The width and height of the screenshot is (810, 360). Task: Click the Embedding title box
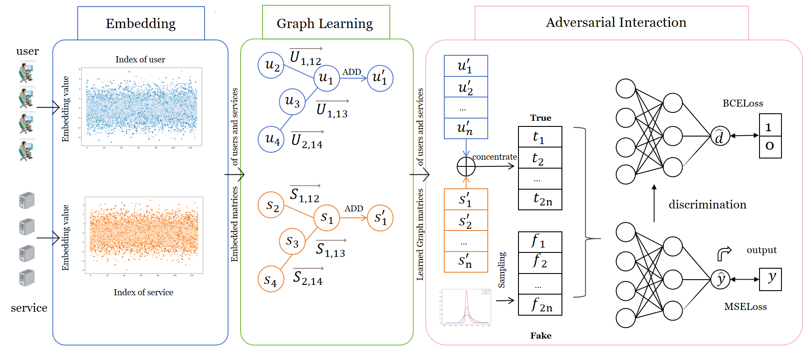click(x=141, y=23)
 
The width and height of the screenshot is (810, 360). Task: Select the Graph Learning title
click(x=325, y=23)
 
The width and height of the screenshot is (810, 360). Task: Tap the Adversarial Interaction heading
click(x=616, y=22)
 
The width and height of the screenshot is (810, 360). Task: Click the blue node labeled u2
click(x=271, y=65)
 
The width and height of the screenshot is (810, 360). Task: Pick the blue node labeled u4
click(x=271, y=140)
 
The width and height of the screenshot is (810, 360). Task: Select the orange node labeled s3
click(x=292, y=241)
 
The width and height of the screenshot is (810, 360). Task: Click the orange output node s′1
click(x=380, y=218)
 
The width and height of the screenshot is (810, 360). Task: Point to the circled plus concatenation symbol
click(x=466, y=166)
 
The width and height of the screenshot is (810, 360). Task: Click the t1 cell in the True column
click(x=540, y=137)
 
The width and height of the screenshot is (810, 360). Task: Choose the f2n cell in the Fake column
click(x=540, y=305)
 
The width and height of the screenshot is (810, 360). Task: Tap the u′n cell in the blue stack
click(x=466, y=128)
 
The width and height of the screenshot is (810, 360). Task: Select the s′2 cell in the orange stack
click(x=466, y=220)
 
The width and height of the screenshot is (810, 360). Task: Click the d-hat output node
click(x=720, y=136)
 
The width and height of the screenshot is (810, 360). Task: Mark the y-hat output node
click(x=720, y=279)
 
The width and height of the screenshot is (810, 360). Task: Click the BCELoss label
click(x=743, y=104)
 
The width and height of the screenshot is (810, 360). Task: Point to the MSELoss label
click(x=745, y=307)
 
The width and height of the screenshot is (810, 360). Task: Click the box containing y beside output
click(x=770, y=279)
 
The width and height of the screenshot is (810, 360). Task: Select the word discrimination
click(x=707, y=205)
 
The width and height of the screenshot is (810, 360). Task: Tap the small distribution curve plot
click(x=466, y=307)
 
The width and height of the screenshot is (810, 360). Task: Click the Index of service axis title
click(x=144, y=292)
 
